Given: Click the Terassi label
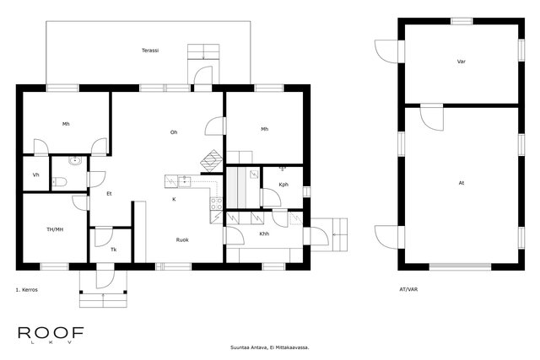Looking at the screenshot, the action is point(150,51).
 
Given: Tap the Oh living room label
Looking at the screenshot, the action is point(174,132).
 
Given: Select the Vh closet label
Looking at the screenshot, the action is point(35,175).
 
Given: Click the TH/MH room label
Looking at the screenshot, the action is point(55,229).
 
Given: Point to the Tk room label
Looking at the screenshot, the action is point(113,250).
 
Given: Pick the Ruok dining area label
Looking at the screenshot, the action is point(182,240).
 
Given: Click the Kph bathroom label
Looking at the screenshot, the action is point(283,185).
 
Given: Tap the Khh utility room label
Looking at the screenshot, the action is point(264,234).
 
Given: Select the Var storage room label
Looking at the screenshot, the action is point(462,62).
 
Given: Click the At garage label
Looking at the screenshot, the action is point(462,183).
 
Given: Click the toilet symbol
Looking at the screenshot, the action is point(59,181).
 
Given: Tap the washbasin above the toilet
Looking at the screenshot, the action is point(74,160).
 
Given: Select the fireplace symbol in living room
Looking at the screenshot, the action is point(212,161).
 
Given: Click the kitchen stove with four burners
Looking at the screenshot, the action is point(217,203).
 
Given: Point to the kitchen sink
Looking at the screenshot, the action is point(185,180).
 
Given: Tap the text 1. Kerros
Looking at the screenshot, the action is point(26,290).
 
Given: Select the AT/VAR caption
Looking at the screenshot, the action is point(408,289).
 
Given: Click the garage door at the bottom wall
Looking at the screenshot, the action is point(460,266).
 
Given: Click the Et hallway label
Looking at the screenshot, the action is point(109,194).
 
